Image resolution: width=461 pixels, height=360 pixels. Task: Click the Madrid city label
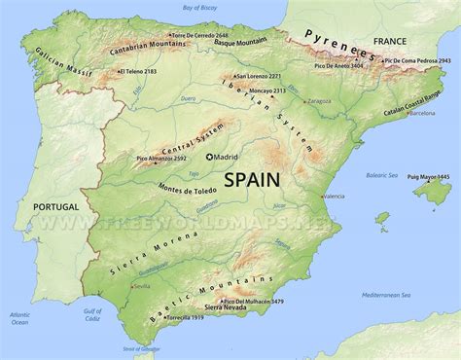[x=226, y=157]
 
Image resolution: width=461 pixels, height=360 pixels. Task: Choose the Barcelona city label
[x=422, y=113]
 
